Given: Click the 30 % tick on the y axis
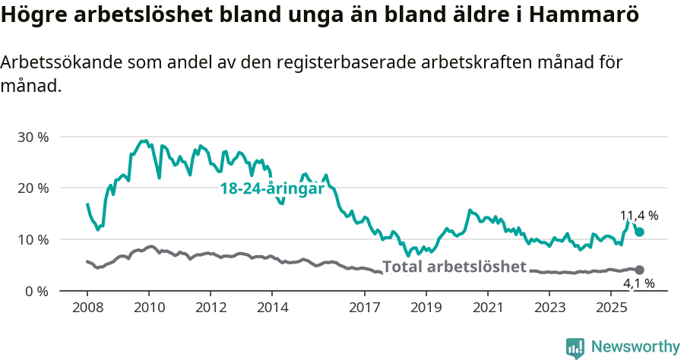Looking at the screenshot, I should (33, 137).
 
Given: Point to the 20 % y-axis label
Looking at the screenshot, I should (33, 188).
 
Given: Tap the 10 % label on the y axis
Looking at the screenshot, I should (33, 239).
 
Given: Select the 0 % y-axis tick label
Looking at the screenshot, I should (36, 291).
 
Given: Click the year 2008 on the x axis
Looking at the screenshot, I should (87, 308).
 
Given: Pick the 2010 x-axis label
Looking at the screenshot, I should (149, 308).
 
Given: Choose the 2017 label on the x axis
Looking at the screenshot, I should (365, 308).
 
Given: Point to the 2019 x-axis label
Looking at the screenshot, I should (426, 308).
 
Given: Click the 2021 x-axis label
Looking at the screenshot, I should (488, 308).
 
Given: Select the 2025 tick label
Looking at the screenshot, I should (611, 308).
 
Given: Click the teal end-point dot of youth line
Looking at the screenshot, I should (639, 232).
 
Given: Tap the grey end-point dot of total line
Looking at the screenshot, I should (639, 270).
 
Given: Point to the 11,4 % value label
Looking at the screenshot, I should (639, 216).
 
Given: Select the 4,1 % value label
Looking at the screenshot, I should (639, 284).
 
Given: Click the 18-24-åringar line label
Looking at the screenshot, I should (272, 188).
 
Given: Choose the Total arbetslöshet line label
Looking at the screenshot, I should (454, 267).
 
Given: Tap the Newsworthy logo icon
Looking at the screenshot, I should (575, 347).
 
